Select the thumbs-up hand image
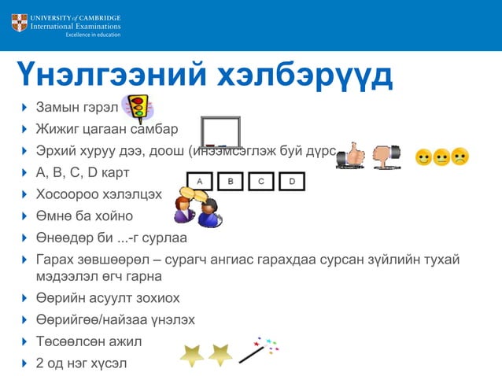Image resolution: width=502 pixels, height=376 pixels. [x=351, y=155]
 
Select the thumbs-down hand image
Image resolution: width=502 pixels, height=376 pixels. [x=386, y=155]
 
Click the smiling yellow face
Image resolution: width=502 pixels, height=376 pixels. [x=423, y=157]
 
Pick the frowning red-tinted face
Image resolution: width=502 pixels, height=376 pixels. [x=460, y=157]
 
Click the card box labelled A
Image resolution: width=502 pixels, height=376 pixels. [x=200, y=182]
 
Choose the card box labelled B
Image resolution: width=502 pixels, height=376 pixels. [x=231, y=182]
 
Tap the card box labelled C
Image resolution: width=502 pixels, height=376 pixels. [x=261, y=182]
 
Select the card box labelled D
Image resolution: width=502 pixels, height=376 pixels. [x=291, y=182]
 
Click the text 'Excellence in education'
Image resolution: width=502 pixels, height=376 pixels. [x=93, y=35]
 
